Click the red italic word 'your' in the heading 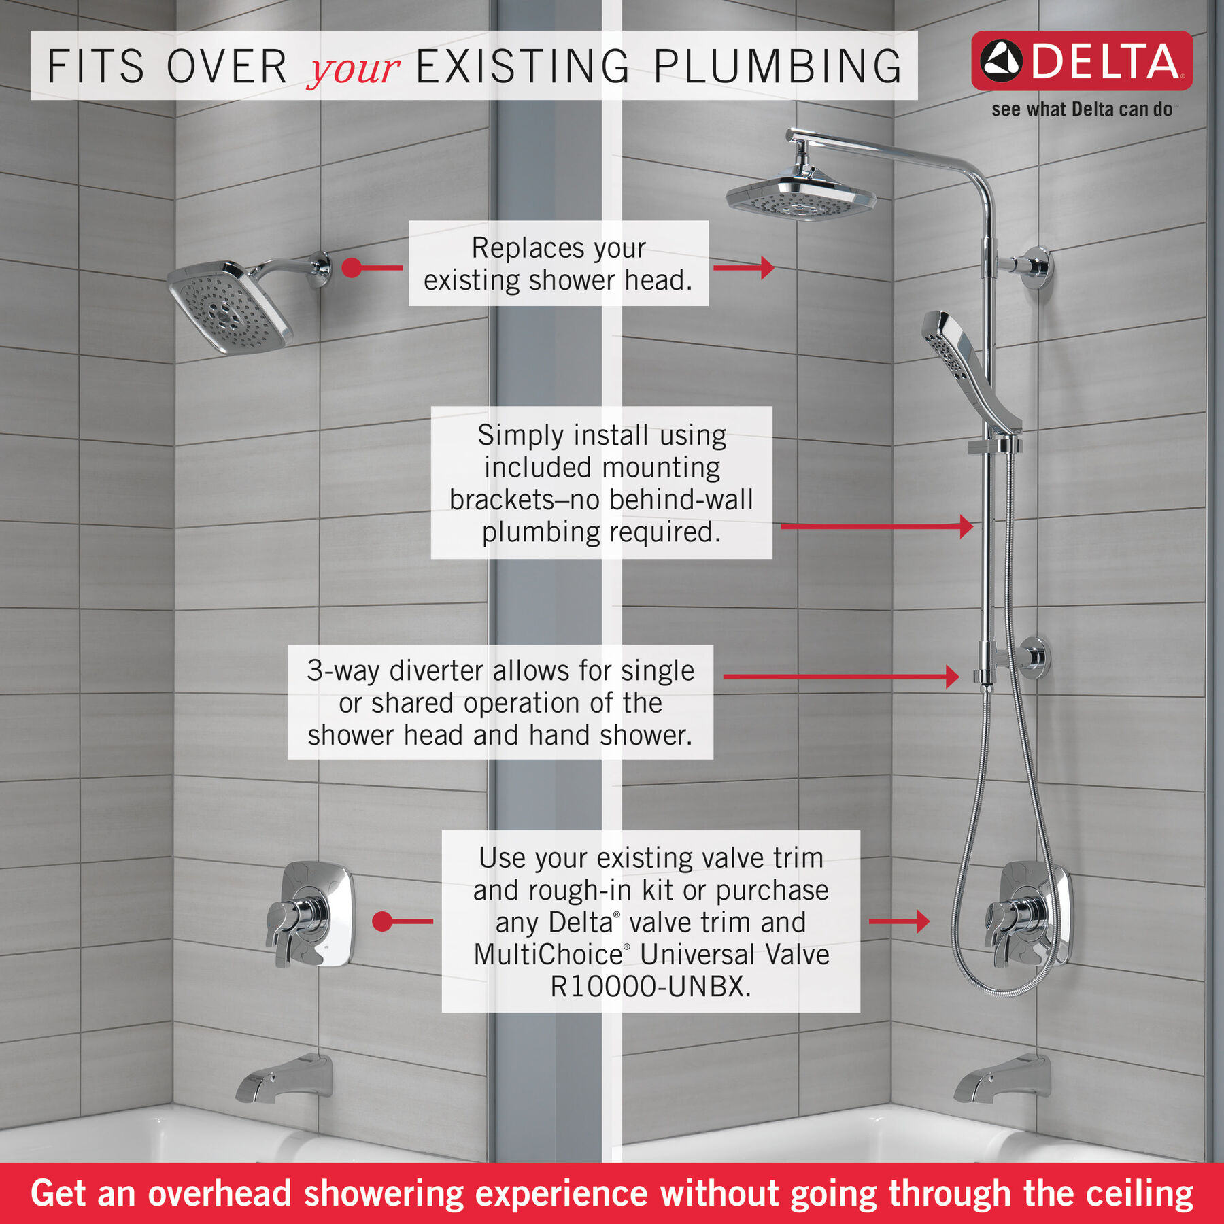tap(353, 68)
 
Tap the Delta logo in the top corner tap(1081, 61)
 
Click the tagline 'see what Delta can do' tap(1081, 109)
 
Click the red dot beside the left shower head tap(352, 267)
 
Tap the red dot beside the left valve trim tap(383, 921)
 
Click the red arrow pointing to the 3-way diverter tap(840, 676)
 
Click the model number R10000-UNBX tap(651, 986)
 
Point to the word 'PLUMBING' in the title tap(777, 67)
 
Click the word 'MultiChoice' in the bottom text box tap(548, 954)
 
